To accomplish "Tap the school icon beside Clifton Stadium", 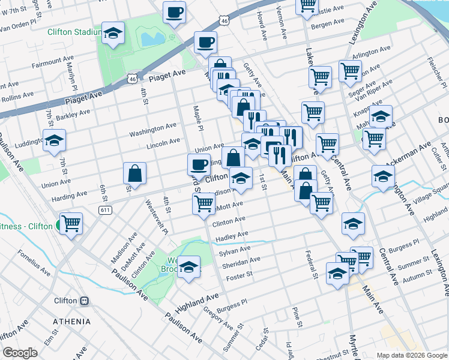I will pos(112,35).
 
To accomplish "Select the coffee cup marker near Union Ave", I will pos(199,164).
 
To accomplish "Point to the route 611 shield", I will pos(106,209).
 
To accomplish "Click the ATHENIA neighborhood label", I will pos(72,322).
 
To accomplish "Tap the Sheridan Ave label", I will pos(241,262).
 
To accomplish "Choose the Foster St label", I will pos(240,277).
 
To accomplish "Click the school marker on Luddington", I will pos(54,141).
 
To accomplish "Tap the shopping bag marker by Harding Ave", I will pos(134,173).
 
